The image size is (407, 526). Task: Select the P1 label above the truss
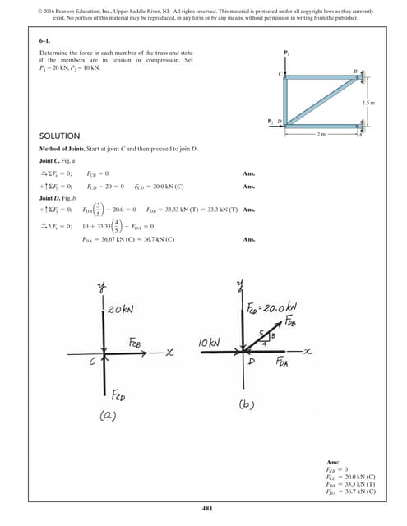(x=286, y=53)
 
